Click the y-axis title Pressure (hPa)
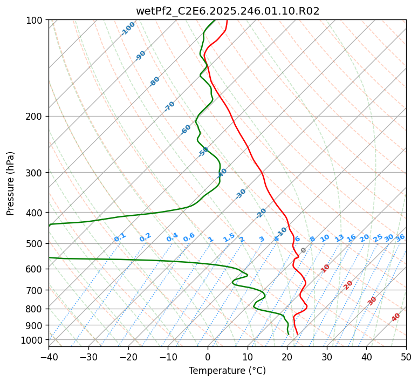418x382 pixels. (x=10, y=183)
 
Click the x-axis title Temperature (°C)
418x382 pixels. (x=227, y=371)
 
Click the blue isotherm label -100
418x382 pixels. (x=128, y=29)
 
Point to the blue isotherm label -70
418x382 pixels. (x=169, y=106)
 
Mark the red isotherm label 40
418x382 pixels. (x=396, y=317)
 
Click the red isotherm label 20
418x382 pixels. (x=348, y=284)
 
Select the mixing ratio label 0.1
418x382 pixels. (x=120, y=237)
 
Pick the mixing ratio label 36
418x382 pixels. (x=400, y=237)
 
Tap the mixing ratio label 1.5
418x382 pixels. (x=229, y=237)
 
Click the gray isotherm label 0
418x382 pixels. (x=304, y=250)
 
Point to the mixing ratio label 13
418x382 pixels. (x=339, y=238)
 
